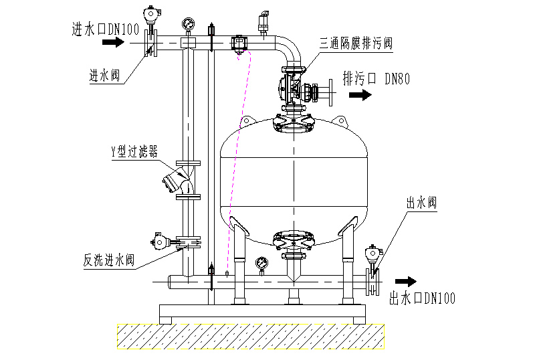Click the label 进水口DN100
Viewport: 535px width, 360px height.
pyautogui.click(x=105, y=28)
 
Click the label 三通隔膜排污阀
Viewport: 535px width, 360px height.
pyautogui.click(x=356, y=43)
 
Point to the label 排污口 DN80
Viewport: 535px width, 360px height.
pyautogui.click(x=376, y=78)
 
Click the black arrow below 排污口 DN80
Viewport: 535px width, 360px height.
pyautogui.click(x=361, y=95)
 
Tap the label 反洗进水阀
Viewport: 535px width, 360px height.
pyautogui.click(x=109, y=260)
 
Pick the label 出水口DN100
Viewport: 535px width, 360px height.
pyautogui.click(x=422, y=298)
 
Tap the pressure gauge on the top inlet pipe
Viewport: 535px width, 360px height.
pyautogui.click(x=189, y=23)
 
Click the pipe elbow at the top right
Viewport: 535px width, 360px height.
pyautogui.click(x=290, y=50)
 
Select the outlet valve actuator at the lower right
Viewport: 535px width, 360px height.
pyautogui.click(x=372, y=254)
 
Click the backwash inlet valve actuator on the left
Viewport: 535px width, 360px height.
pyautogui.click(x=160, y=241)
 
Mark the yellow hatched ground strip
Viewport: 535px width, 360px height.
pyautogui.click(x=251, y=337)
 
